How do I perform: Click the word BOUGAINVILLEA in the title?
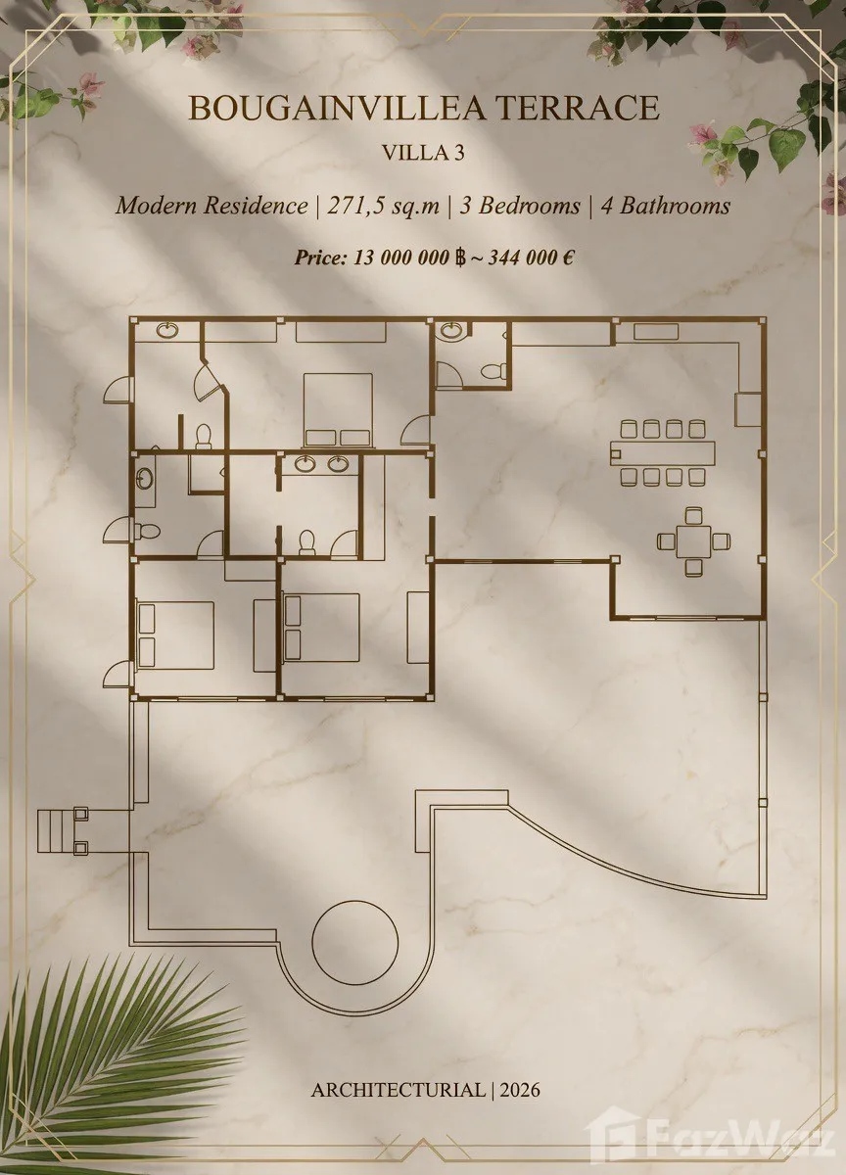point(338,108)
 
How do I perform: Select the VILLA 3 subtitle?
point(423,152)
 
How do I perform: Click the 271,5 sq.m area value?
point(384,205)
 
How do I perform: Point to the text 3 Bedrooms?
point(520,205)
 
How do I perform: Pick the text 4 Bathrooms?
point(665,205)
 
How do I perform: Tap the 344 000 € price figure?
point(531,258)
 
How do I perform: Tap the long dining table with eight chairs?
point(663,452)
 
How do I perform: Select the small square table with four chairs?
point(694,541)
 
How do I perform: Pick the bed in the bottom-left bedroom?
point(175,635)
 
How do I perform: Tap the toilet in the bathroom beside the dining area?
point(493,371)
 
